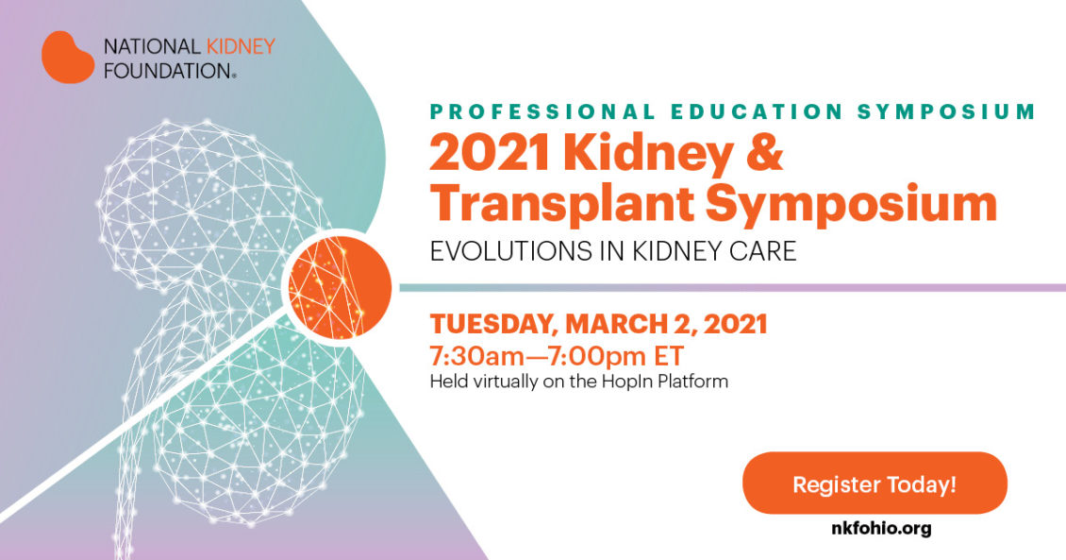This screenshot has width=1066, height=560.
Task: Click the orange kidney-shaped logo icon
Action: point(67,57)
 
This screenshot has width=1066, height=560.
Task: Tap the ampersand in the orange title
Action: point(765,154)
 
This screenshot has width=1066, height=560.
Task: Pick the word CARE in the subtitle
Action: point(765,252)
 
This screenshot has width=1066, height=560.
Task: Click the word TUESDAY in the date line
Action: point(491,325)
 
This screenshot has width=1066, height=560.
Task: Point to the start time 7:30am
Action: point(479,357)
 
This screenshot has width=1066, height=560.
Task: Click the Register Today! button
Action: point(874,484)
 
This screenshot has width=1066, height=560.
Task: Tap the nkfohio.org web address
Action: point(874,528)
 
